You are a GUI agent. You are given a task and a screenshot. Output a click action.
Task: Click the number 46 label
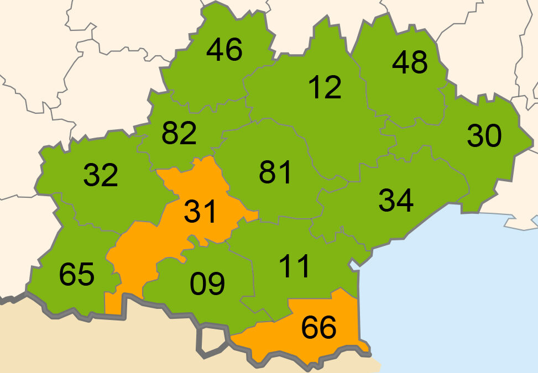click(224, 50)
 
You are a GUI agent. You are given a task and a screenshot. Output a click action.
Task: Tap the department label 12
click(325, 87)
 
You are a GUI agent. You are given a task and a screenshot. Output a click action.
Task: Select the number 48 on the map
click(410, 63)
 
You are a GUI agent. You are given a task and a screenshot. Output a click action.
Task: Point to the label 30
click(484, 136)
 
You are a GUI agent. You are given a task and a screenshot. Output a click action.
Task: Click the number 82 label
click(179, 133)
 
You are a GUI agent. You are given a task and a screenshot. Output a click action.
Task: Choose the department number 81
click(275, 172)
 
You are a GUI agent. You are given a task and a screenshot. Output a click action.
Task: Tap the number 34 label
click(396, 200)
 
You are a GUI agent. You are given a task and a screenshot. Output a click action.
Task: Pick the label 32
click(101, 175)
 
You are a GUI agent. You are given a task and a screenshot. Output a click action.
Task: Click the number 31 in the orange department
click(200, 212)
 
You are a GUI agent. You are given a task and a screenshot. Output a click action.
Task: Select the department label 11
click(295, 266)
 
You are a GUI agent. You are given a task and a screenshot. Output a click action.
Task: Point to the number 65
click(76, 275)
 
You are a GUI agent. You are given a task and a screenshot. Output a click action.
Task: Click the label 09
click(207, 284)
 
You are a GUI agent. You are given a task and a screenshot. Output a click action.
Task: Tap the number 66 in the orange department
click(319, 328)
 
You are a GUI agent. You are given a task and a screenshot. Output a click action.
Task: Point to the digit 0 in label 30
click(493, 136)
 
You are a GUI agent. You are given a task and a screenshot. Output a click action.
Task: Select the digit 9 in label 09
click(216, 284)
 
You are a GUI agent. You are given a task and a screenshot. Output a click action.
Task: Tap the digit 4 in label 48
click(401, 63)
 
